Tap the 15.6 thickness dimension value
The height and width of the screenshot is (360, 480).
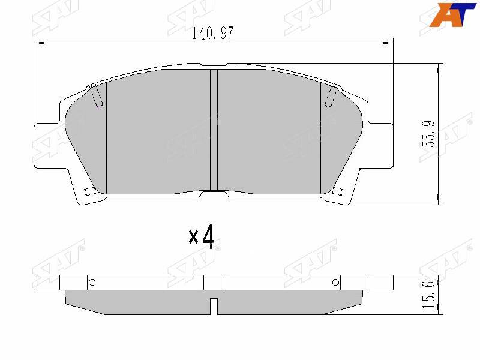click(428, 296)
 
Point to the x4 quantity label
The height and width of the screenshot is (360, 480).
click(201, 237)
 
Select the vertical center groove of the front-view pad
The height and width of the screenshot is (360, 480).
click(213, 131)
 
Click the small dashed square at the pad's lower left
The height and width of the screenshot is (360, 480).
click(90, 192)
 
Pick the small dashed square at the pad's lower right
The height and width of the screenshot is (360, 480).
click(337, 192)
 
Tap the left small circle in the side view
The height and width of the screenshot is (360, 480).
click(92, 283)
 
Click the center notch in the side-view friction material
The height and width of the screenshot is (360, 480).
click(214, 306)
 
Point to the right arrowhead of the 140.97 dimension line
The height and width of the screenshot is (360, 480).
click(387, 43)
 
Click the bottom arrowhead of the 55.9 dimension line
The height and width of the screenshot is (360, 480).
click(441, 199)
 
